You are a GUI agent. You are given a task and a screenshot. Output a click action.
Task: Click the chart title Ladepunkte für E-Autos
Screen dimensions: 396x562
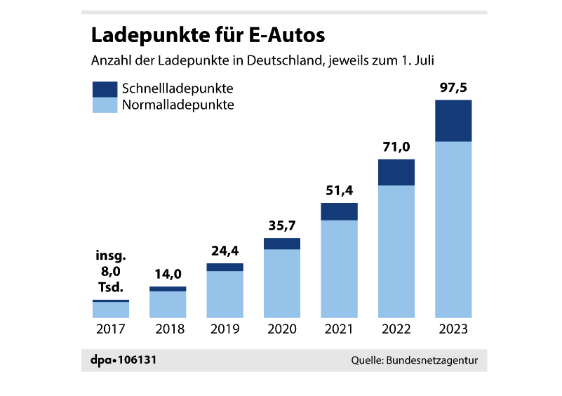click(x=208, y=35)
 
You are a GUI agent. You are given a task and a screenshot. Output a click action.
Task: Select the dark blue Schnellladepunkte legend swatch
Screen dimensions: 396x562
click(x=105, y=89)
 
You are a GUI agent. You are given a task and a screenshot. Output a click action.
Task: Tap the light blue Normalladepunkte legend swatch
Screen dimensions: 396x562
click(x=105, y=105)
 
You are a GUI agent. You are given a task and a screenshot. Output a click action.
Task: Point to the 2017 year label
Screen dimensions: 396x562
click(x=111, y=329)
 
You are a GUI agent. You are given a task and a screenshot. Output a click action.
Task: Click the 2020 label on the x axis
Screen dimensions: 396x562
click(x=282, y=329)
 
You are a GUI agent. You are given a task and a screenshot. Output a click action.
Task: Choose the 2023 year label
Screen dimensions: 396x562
click(x=453, y=329)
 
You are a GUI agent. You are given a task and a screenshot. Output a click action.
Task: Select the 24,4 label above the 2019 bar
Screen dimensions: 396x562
click(x=225, y=251)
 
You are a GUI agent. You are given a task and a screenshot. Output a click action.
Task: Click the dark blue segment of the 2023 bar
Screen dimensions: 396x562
click(x=453, y=121)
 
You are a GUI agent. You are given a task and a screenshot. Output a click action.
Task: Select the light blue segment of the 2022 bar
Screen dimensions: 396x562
click(x=396, y=251)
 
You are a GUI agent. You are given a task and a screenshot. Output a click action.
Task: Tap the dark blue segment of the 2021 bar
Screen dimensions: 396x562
click(x=340, y=211)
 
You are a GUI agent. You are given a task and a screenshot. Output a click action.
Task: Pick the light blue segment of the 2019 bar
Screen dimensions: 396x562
click(x=225, y=294)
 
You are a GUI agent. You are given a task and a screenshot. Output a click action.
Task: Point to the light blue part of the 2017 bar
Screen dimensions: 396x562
click(x=111, y=310)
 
